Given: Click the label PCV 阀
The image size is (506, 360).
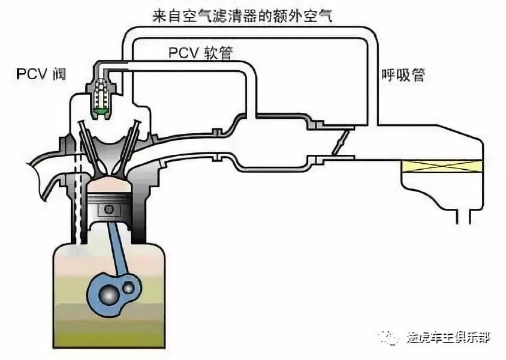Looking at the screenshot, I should (x=41, y=75).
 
